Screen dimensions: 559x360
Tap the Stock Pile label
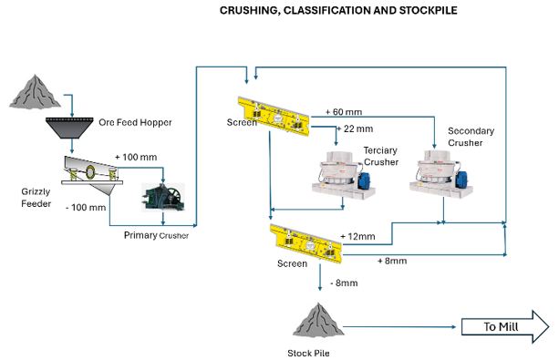(308, 354)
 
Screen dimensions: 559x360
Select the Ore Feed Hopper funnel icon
(69, 128)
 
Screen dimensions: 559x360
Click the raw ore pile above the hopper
(35, 91)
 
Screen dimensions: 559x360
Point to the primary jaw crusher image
(163, 197)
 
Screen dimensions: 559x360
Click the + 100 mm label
(136, 157)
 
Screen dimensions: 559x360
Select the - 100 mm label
(86, 208)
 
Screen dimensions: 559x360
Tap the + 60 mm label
(344, 112)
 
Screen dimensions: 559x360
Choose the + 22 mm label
(355, 129)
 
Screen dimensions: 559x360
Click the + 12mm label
(357, 236)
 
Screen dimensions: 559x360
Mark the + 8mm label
(392, 261)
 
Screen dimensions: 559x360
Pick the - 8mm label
(344, 283)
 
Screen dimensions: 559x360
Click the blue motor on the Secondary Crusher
(461, 180)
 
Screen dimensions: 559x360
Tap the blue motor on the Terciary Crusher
(365, 180)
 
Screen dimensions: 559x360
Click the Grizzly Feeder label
(36, 198)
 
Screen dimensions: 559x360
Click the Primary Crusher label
(156, 235)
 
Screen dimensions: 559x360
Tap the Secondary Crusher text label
(471, 137)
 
